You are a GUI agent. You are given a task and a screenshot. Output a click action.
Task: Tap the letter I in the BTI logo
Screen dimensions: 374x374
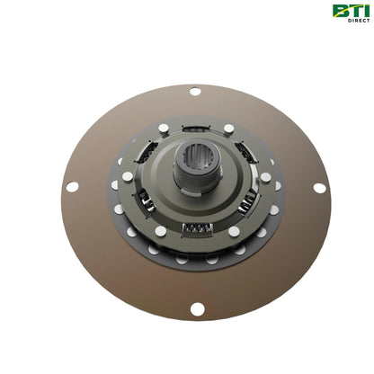click(363, 11)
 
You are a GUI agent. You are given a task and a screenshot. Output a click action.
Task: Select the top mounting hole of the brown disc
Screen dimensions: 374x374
click(196, 91)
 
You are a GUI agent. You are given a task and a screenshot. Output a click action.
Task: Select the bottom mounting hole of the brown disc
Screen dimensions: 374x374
click(197, 309)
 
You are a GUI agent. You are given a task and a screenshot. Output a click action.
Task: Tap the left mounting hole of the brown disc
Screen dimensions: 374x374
click(72, 188)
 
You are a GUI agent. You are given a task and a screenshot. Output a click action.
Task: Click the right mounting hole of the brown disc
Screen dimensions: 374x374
click(319, 188)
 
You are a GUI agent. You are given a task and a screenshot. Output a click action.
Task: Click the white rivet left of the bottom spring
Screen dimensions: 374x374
click(161, 231)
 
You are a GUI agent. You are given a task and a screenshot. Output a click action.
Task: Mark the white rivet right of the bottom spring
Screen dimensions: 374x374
click(234, 231)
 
